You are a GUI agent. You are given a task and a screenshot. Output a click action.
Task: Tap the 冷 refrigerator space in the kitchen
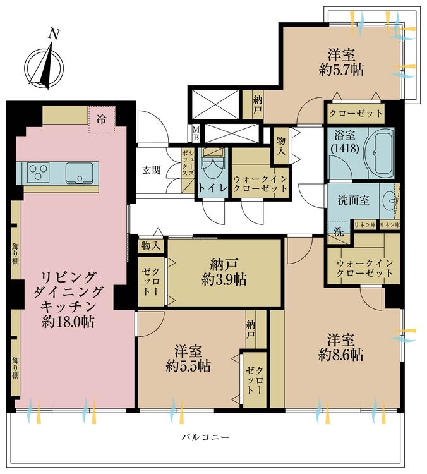(100, 118)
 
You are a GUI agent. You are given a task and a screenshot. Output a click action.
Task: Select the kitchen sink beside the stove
(79, 172)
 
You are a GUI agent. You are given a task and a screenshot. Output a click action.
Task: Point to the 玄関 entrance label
(152, 171)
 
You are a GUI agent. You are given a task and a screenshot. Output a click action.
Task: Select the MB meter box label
(196, 133)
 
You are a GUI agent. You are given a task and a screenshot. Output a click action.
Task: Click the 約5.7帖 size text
(342, 70)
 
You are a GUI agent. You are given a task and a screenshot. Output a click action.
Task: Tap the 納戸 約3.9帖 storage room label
(224, 271)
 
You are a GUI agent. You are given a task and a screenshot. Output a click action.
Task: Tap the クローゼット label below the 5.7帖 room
(356, 114)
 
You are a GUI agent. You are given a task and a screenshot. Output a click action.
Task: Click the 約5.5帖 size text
(189, 366)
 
